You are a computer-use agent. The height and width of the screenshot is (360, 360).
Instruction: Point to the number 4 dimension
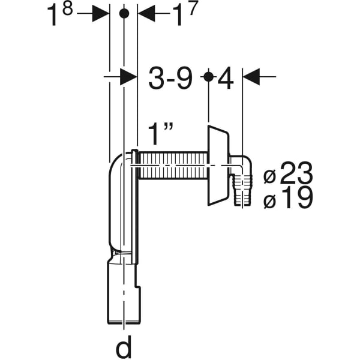click(225, 79)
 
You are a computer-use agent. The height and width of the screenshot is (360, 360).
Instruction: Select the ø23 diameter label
click(289, 175)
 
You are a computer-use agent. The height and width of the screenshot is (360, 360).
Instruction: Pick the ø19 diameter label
click(289, 199)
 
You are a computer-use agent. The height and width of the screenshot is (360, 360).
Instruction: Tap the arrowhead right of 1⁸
click(100, 14)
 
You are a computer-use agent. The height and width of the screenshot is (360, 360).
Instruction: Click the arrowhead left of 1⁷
click(146, 14)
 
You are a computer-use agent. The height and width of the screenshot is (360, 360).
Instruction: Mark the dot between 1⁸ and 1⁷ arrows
click(124, 14)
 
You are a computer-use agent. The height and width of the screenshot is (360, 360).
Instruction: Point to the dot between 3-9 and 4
click(208, 77)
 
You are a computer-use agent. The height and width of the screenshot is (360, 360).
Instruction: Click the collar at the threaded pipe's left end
click(136, 165)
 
